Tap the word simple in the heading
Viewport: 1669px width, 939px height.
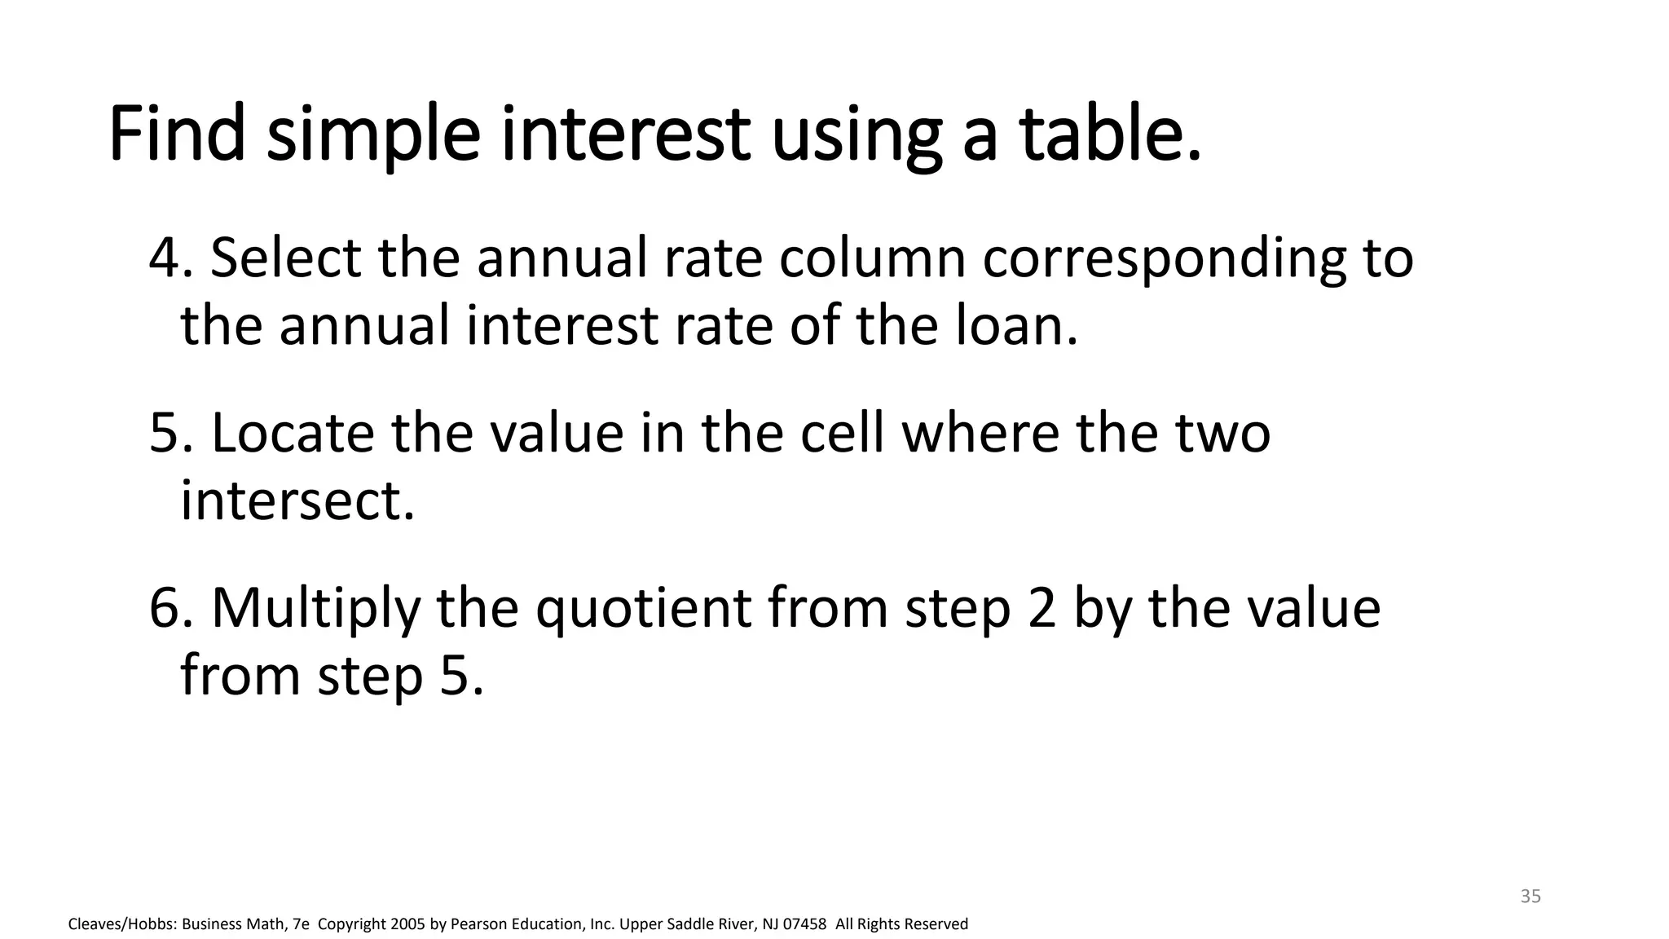373,134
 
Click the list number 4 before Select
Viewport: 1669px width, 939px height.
165,258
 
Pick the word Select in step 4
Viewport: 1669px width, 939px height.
285,258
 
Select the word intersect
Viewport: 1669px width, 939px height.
297,500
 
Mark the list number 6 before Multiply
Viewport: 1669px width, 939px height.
165,608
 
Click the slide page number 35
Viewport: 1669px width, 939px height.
1530,897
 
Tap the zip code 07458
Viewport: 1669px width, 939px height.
804,924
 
